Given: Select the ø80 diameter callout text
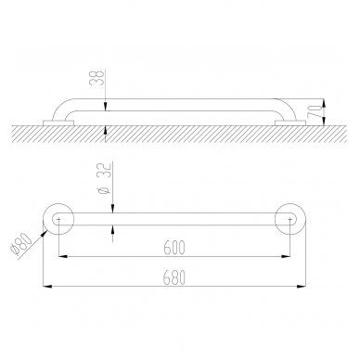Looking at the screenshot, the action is coord(20,245).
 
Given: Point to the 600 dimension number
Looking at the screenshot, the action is coord(174,247).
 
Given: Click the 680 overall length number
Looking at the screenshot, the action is coord(174,277).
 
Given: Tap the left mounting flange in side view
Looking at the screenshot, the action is coord(58,122).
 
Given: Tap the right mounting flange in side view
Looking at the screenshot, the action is coord(290,122).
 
